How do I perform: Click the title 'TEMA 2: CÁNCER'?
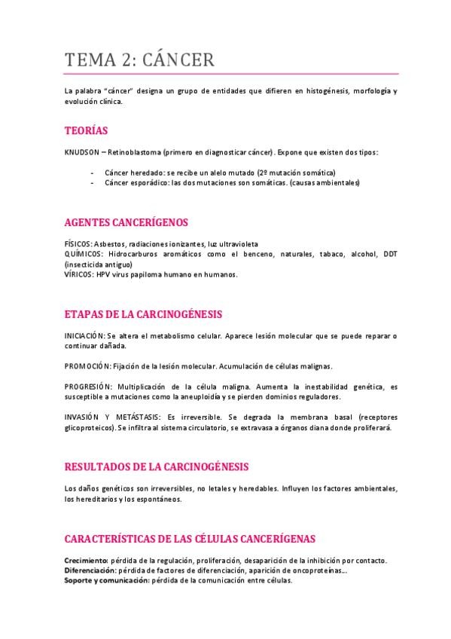click(x=140, y=60)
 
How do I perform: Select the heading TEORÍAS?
click(x=86, y=130)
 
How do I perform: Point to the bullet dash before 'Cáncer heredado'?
click(x=92, y=173)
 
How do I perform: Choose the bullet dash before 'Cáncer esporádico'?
click(x=92, y=182)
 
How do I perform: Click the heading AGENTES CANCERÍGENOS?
click(x=126, y=222)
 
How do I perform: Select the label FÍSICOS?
click(x=78, y=244)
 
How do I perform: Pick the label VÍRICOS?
click(x=79, y=274)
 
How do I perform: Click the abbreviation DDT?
click(x=390, y=255)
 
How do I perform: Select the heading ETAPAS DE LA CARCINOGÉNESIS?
click(x=143, y=314)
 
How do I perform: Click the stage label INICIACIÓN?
click(x=86, y=335)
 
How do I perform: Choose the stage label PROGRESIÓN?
click(x=89, y=387)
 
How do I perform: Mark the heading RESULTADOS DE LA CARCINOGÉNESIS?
click(x=157, y=467)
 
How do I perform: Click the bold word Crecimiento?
click(x=86, y=561)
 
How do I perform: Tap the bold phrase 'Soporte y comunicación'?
click(x=106, y=580)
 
